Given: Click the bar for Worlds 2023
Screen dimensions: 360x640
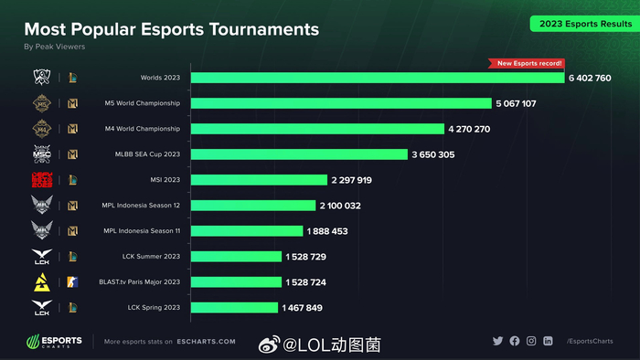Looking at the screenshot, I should pos(377,78).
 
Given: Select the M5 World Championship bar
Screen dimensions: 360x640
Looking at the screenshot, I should pos(340,103).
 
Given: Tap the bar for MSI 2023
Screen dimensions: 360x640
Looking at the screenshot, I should pos(258,180).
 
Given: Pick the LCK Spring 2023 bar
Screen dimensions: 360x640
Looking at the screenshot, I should pos(233,308).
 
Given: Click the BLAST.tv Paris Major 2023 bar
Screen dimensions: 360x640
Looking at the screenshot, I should pos(236,282).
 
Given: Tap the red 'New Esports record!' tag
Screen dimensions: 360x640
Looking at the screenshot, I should pos(528,64).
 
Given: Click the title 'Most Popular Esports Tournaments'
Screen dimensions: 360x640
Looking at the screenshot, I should pos(171,29).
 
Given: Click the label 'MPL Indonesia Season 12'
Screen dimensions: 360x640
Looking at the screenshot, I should pos(142,206).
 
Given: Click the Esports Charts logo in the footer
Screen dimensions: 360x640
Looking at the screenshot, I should pos(55,342).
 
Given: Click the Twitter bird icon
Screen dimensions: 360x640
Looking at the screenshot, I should pos(497,341).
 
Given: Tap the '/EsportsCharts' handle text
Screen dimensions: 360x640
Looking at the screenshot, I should pos(590,341).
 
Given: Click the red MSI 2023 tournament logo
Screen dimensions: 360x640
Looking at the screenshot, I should pos(42,180).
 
